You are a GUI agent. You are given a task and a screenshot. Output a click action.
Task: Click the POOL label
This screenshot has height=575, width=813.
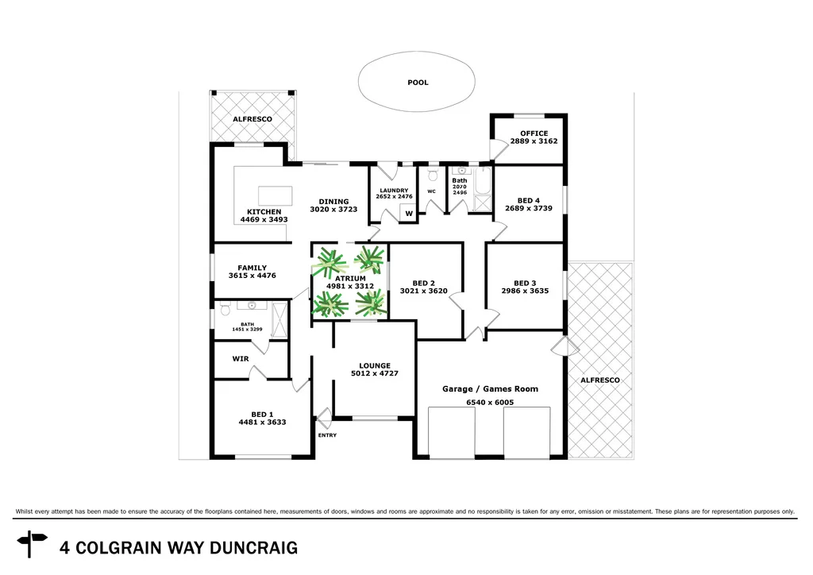coord(417,82)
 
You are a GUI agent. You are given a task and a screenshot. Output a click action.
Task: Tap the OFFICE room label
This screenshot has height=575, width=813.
coord(534,133)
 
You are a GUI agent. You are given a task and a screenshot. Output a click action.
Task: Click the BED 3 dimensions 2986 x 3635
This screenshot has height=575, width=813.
coord(526,291)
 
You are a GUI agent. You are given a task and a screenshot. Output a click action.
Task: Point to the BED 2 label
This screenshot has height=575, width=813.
coord(424,283)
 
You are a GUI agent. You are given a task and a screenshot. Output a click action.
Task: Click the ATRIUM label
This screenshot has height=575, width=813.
coord(349,278)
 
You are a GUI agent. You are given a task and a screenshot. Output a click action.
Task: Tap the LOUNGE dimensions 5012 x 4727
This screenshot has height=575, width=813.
coord(375,373)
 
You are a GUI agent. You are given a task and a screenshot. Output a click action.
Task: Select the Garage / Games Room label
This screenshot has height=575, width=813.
coord(490,388)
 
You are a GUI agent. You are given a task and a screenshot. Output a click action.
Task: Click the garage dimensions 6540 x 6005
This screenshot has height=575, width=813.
coord(490,403)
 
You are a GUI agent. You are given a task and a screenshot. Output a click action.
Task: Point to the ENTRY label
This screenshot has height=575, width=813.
coord(327,435)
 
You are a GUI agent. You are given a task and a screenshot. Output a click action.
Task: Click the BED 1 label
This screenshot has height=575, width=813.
coord(262,414)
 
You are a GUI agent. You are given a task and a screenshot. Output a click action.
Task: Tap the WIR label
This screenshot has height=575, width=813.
coord(241,359)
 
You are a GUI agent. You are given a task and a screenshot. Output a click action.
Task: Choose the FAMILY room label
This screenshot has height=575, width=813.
coord(252,268)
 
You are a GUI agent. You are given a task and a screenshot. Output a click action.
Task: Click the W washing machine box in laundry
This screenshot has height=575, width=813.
coord(409,213)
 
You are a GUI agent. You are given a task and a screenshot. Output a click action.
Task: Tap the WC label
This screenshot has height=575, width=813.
coord(432,191)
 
